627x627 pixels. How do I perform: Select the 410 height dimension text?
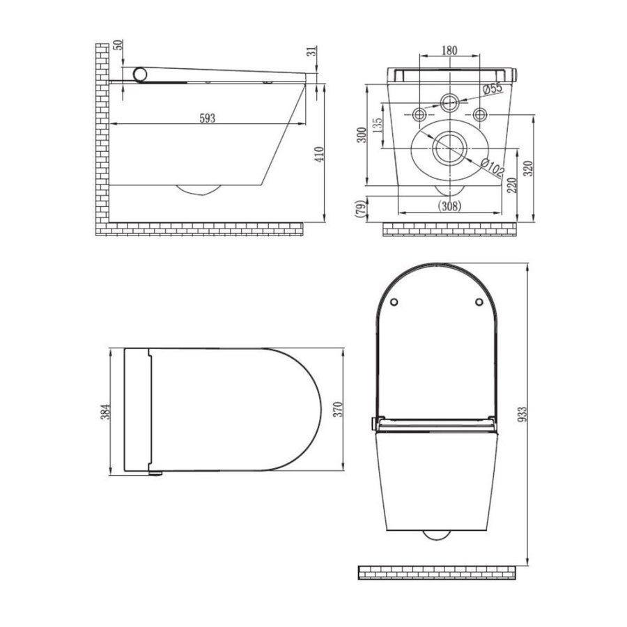pos(320,153)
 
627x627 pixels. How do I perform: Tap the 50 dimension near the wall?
pos(118,46)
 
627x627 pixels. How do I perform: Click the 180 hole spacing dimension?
pos(449,50)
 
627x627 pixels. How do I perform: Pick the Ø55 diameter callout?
pos(493,88)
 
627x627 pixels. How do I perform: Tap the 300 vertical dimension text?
pos(360,134)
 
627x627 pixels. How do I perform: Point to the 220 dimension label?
pos(512,185)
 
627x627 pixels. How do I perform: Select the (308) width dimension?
pos(449,206)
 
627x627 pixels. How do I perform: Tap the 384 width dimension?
pos(105,412)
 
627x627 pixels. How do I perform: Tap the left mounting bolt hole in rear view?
pos(420,114)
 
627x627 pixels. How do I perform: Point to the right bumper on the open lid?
pos(479,302)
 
